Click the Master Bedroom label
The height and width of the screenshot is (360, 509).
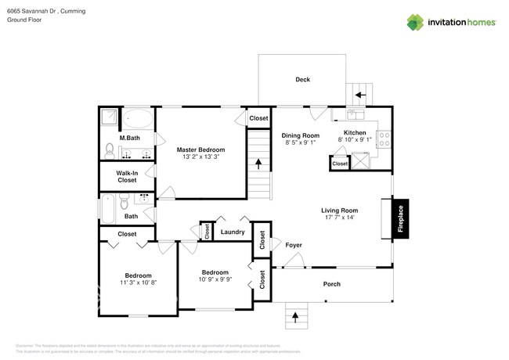point(200,149)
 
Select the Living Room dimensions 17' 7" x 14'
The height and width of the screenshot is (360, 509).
point(339,218)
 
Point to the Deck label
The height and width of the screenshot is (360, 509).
point(302,79)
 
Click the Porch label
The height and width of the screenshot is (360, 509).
point(332,283)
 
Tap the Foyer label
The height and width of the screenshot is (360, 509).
point(293,245)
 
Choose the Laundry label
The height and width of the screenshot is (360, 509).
point(233,232)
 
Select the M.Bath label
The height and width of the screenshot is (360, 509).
point(128,139)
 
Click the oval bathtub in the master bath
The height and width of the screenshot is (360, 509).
point(140,120)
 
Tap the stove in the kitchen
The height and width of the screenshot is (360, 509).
point(384,139)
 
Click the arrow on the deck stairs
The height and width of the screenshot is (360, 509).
point(361,95)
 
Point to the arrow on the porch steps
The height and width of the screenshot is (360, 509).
point(295,317)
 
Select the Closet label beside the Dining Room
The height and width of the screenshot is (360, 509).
point(258,118)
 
